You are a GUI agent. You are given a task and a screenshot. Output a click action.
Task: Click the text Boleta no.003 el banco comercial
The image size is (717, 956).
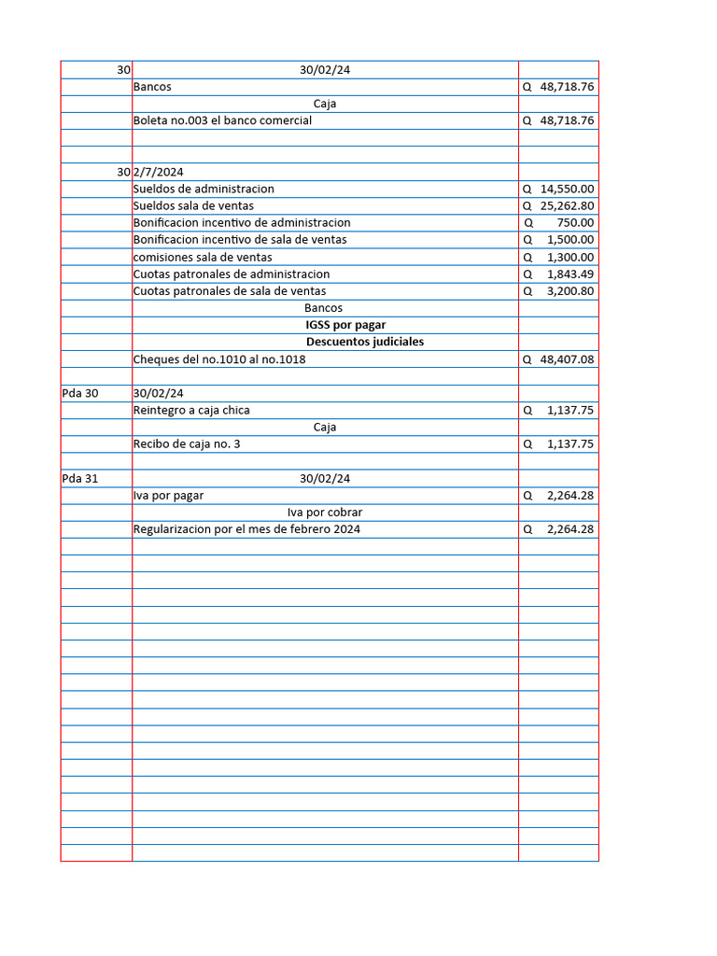pos(222,120)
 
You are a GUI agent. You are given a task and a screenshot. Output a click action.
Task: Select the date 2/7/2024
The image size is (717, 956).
pos(158,172)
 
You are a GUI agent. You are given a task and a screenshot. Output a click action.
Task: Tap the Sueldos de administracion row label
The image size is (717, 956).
pos(204,189)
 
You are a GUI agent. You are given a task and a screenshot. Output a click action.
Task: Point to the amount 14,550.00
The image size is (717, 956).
pos(567,189)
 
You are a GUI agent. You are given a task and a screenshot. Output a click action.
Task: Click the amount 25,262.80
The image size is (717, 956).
pos(567,205)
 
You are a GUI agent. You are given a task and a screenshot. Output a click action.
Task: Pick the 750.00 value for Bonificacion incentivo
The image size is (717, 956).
pos(574,223)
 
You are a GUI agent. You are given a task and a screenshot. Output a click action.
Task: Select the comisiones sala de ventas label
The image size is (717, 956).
pos(203,257)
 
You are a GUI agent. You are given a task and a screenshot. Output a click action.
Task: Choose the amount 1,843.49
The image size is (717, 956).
pos(569,274)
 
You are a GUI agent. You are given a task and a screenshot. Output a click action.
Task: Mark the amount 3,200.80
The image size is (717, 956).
pos(569,290)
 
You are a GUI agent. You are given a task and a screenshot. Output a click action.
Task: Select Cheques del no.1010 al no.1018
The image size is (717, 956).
pos(219,359)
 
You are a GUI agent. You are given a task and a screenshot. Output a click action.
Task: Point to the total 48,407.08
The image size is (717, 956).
pos(567,359)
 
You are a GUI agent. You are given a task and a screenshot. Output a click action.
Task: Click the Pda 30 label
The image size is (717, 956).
pos(80,393)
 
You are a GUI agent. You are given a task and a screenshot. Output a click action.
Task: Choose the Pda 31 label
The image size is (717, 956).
pos(80,478)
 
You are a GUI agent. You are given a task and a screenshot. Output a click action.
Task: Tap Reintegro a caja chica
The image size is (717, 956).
pos(191,410)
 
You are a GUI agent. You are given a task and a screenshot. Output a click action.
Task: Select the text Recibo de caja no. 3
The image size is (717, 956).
pos(187,444)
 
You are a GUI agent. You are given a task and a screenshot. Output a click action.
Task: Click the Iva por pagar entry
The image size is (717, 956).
pos(168,496)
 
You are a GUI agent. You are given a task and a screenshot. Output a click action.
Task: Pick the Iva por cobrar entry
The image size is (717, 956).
pos(324,513)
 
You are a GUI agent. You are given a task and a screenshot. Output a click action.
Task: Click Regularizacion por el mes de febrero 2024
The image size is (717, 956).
pos(246,529)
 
